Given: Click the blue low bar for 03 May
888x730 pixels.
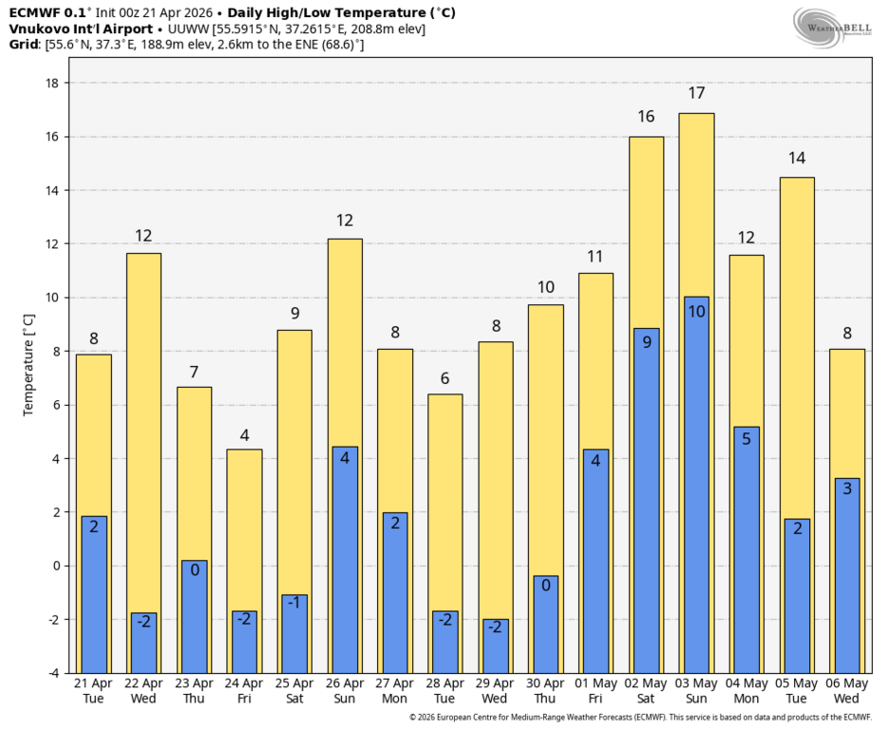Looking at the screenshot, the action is [x=696, y=485].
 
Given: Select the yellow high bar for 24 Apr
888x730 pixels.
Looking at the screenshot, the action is [x=244, y=561].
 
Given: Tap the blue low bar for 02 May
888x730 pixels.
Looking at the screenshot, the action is [x=646, y=501].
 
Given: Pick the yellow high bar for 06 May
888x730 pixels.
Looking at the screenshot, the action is [x=847, y=511].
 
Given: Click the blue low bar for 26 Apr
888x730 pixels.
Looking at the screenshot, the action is [x=345, y=560].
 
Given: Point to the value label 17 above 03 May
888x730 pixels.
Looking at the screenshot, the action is [x=696, y=93].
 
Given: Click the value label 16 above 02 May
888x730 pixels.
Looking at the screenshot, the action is [x=646, y=117].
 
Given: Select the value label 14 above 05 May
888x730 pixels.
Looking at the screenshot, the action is [x=797, y=158].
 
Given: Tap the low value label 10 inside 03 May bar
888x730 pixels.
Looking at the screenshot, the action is [x=696, y=311].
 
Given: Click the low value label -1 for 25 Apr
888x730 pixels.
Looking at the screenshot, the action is [x=293, y=602].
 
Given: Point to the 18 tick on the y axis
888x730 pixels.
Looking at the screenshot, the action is [x=51, y=83].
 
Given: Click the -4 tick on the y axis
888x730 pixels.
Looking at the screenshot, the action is [x=53, y=673].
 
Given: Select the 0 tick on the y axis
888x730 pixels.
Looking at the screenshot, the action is [x=56, y=566].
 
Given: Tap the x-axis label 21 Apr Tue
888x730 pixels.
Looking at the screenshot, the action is [x=93, y=691].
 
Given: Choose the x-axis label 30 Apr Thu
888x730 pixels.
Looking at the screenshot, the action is [x=545, y=691].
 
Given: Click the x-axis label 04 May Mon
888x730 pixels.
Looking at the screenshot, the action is [x=746, y=691].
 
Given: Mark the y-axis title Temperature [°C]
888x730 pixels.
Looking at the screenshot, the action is [x=28, y=366].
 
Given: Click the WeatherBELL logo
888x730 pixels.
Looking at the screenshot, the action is [x=833, y=27].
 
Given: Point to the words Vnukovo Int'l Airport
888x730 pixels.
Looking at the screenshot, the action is [x=81, y=29].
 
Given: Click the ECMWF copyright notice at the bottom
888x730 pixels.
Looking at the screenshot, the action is [x=640, y=718].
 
